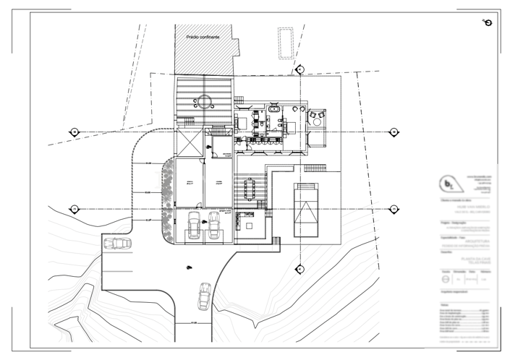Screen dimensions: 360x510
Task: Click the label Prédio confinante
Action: coord(202,36)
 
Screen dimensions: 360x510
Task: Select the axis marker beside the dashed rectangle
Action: coord(300,69)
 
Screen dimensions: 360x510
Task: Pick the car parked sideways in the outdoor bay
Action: coord(117,244)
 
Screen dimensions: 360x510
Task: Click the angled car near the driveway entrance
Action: coord(204,295)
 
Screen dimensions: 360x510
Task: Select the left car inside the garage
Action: coord(194,226)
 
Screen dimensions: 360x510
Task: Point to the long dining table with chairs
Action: coord(251,190)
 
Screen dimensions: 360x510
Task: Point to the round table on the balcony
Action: coord(315,115)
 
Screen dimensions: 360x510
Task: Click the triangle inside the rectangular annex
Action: coord(308,214)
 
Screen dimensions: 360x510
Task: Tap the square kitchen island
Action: coord(249,225)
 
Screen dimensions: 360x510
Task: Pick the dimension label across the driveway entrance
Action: coord(193,322)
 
